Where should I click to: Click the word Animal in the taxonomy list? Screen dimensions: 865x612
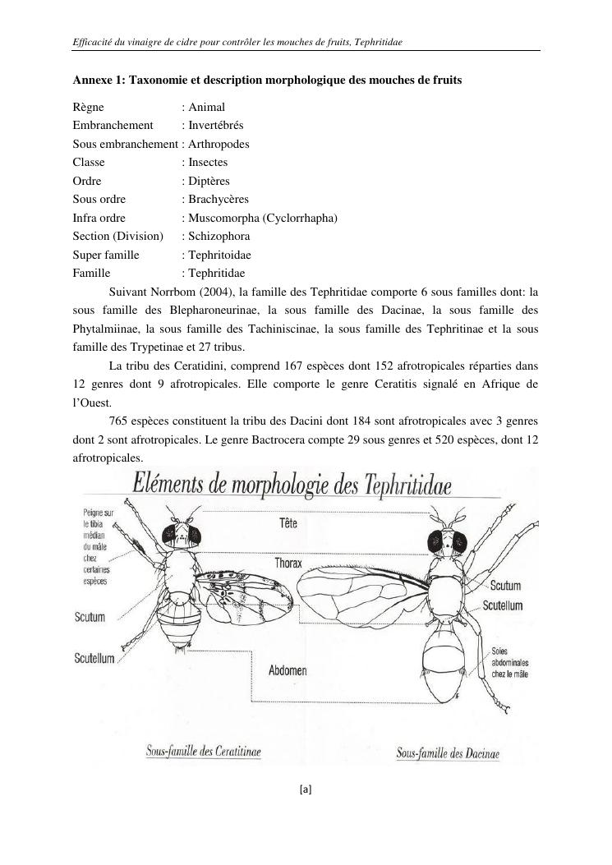click(x=206, y=107)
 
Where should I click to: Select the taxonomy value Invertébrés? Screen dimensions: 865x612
click(x=215, y=125)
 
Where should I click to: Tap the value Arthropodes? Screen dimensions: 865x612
click(x=219, y=144)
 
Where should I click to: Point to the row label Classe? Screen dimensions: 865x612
click(x=89, y=162)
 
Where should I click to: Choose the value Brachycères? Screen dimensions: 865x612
click(x=218, y=199)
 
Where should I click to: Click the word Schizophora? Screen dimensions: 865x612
click(x=219, y=236)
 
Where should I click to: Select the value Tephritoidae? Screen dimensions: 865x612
click(x=219, y=255)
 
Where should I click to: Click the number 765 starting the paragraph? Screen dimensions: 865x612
click(x=118, y=421)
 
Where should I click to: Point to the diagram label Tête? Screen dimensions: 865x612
click(x=288, y=522)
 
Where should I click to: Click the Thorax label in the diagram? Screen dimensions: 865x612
click(x=288, y=564)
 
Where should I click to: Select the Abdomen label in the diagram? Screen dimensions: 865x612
click(x=288, y=670)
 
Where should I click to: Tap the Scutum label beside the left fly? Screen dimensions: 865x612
click(x=90, y=617)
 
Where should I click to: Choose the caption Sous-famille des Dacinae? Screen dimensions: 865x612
click(x=449, y=752)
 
